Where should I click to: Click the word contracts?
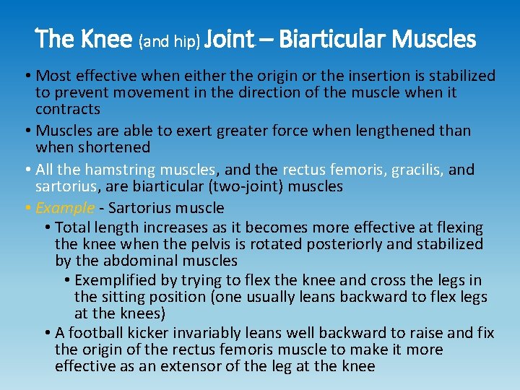pos(68,109)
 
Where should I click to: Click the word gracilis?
pos(417,170)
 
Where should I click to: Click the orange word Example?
pos(65,208)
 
